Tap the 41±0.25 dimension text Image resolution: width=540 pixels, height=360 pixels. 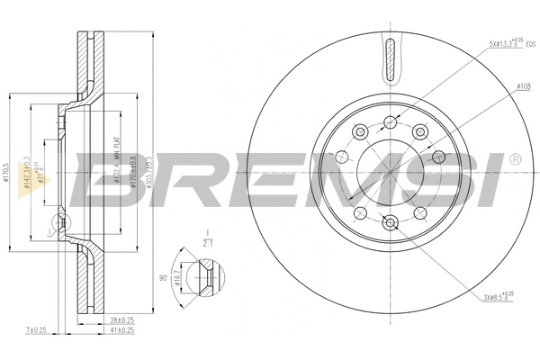pos(121,331)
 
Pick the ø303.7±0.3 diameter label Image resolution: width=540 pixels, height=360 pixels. pos(149,170)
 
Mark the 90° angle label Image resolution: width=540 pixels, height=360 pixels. pos(163,279)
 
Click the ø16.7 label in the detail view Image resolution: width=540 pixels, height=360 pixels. pos(180,280)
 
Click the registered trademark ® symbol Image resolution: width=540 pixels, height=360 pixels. pos(514,158)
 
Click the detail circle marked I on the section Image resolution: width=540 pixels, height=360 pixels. pos(60,222)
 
